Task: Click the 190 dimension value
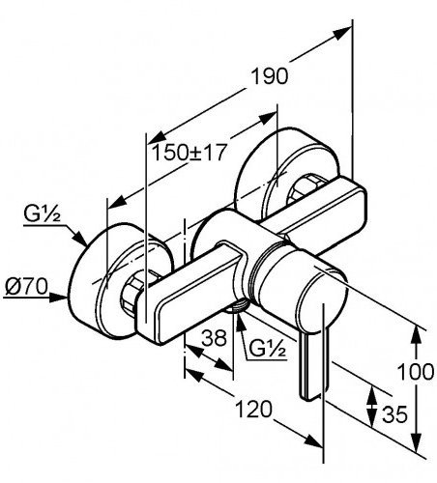[x=270, y=76]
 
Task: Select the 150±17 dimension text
[x=188, y=153]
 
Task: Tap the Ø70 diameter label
[x=26, y=286]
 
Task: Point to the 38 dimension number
[x=215, y=338]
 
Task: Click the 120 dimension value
[x=254, y=409]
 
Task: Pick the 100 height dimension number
[x=416, y=372]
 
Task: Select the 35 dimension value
[x=394, y=414]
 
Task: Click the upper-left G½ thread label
[x=42, y=214]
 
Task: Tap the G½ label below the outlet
[x=268, y=349]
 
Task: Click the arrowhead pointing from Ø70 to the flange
[x=60, y=298]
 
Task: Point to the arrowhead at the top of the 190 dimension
[x=341, y=33]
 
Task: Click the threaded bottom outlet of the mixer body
[x=236, y=307]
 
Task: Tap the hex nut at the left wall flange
[x=132, y=293]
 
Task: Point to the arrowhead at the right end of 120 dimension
[x=313, y=440]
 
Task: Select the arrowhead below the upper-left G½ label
[x=79, y=239]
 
